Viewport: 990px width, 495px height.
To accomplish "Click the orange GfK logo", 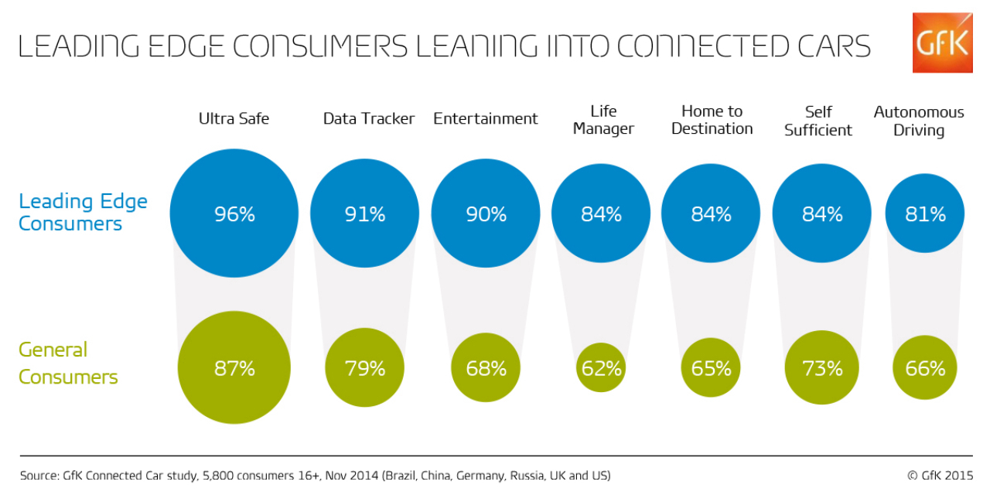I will [x=942, y=43].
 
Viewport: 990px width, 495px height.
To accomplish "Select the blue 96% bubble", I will [x=234, y=213].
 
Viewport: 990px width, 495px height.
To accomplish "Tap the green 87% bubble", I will [x=234, y=368].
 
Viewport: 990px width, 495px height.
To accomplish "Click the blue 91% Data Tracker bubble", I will [x=365, y=213].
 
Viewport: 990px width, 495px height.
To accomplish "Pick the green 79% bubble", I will [x=365, y=368].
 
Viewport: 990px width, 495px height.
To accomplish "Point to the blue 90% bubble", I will [x=486, y=213].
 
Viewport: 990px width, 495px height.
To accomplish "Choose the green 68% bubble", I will [x=486, y=368].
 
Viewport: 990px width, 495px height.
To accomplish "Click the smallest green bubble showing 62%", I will [x=601, y=367].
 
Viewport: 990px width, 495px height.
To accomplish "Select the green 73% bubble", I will [x=822, y=367].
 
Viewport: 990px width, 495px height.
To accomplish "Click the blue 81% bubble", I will [x=925, y=213].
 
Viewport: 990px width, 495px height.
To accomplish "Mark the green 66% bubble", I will [x=925, y=368].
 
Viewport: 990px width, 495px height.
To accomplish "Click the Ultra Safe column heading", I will [x=234, y=118].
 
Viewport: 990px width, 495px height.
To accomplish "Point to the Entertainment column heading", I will [x=485, y=118].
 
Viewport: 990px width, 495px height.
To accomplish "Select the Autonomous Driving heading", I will [x=919, y=121].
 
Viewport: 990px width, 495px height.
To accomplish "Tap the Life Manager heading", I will [x=603, y=120].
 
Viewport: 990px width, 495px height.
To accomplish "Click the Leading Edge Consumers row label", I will [x=83, y=213].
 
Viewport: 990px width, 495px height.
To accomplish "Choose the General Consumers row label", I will [x=68, y=364].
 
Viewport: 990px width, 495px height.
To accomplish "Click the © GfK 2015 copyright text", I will [x=940, y=475].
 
